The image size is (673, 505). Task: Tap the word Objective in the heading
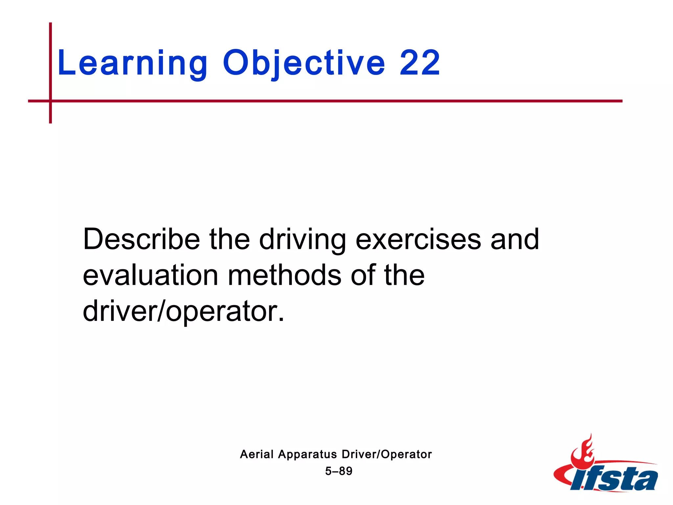coord(304,63)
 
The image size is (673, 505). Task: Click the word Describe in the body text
coord(141,239)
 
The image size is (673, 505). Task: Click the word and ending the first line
coord(515,239)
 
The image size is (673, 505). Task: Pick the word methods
coord(285,275)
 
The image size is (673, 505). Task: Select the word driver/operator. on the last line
coord(183,311)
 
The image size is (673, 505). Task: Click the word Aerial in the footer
coord(257,454)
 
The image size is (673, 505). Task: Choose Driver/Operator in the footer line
coord(387,454)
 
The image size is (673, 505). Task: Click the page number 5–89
coord(339,471)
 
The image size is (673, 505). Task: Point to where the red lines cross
coord(51,101)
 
